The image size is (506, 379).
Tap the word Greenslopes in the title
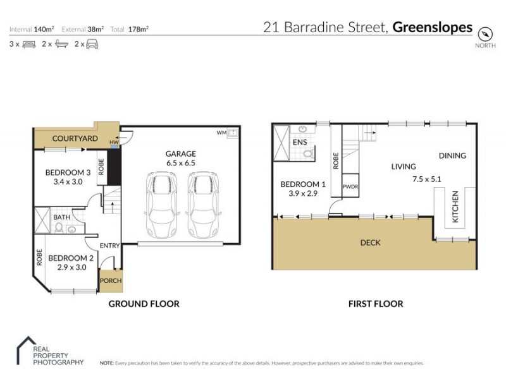tap(433, 27)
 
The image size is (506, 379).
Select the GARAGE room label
tap(180, 153)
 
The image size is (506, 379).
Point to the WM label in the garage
tap(221, 133)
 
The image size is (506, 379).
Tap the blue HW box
tap(114, 146)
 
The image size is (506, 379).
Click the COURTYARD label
tap(75, 138)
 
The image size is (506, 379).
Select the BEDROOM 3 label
tap(68, 172)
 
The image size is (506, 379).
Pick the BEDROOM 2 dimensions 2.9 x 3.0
tap(71, 268)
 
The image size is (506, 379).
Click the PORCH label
tap(111, 281)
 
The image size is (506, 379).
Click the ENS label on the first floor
tap(300, 142)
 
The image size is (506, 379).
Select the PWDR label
tap(350, 187)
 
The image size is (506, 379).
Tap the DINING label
tap(452, 155)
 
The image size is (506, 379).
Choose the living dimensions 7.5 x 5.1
tap(427, 179)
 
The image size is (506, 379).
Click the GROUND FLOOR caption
tap(144, 304)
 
